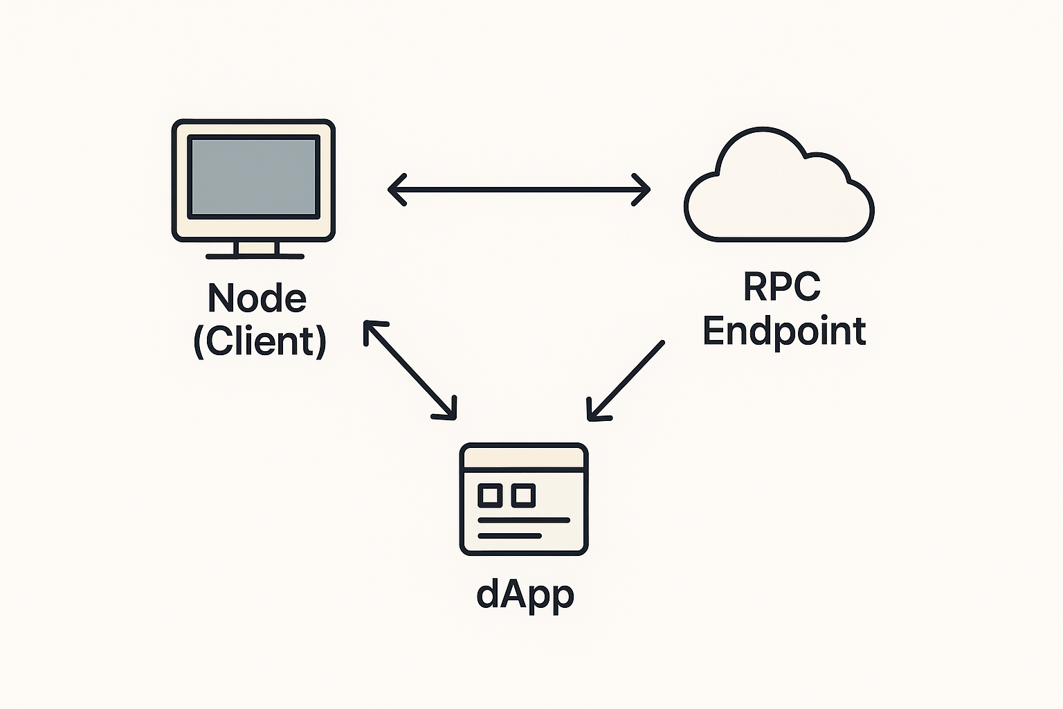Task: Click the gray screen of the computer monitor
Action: (x=254, y=177)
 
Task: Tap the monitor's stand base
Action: (x=255, y=256)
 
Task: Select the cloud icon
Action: (x=779, y=194)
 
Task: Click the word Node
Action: (x=257, y=298)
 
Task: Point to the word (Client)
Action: (x=260, y=341)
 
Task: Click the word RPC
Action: (x=782, y=286)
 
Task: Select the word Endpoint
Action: (x=784, y=331)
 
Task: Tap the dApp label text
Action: (x=525, y=595)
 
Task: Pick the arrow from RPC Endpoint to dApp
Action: (x=626, y=380)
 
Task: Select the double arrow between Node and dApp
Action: (x=410, y=370)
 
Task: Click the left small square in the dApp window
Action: (x=490, y=495)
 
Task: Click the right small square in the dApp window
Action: (x=523, y=495)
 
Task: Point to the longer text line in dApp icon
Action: (x=524, y=520)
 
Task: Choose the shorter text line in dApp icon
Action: (x=509, y=536)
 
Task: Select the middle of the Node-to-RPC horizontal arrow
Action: (x=519, y=189)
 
